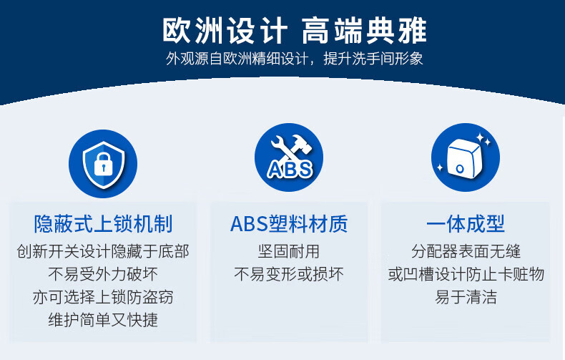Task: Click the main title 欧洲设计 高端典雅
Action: click(x=294, y=31)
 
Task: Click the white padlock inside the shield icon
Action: click(x=104, y=165)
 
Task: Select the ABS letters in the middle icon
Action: click(x=290, y=169)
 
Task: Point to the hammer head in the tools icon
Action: click(x=302, y=143)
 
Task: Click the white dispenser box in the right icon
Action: click(x=464, y=158)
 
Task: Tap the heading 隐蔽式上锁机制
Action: click(x=103, y=223)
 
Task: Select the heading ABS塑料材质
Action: click(x=289, y=223)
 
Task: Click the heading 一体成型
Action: click(x=465, y=223)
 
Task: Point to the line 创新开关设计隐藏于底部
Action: click(x=103, y=251)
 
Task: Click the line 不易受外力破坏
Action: click(x=103, y=274)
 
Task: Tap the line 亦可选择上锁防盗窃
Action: click(x=103, y=297)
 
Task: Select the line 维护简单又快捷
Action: click(x=103, y=320)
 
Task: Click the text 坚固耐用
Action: click(x=289, y=251)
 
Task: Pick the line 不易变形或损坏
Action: click(x=289, y=274)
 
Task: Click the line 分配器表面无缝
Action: click(x=466, y=251)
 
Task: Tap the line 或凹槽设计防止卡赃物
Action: click(x=466, y=274)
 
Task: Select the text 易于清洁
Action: click(x=466, y=297)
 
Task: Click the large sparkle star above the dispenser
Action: click(x=481, y=137)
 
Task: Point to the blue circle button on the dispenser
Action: click(x=460, y=168)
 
